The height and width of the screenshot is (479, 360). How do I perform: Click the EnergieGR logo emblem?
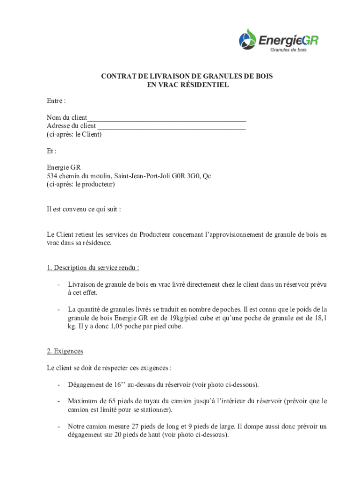pos(248,38)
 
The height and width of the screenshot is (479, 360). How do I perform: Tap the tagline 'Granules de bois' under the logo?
pos(288,50)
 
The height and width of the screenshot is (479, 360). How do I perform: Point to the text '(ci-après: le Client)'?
pos(74,134)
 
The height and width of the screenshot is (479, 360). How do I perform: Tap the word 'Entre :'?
pos(56,101)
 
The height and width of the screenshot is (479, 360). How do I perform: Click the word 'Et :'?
pos(51,151)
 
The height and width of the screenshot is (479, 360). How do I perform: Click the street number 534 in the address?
pos(52,176)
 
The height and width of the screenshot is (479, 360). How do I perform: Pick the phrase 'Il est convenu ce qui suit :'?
pos(84,209)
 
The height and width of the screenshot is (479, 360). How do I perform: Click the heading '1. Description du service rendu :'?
pos(93,268)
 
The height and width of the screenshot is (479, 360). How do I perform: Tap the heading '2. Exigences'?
pos(65,351)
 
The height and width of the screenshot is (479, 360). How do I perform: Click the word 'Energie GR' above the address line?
pos(64,167)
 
